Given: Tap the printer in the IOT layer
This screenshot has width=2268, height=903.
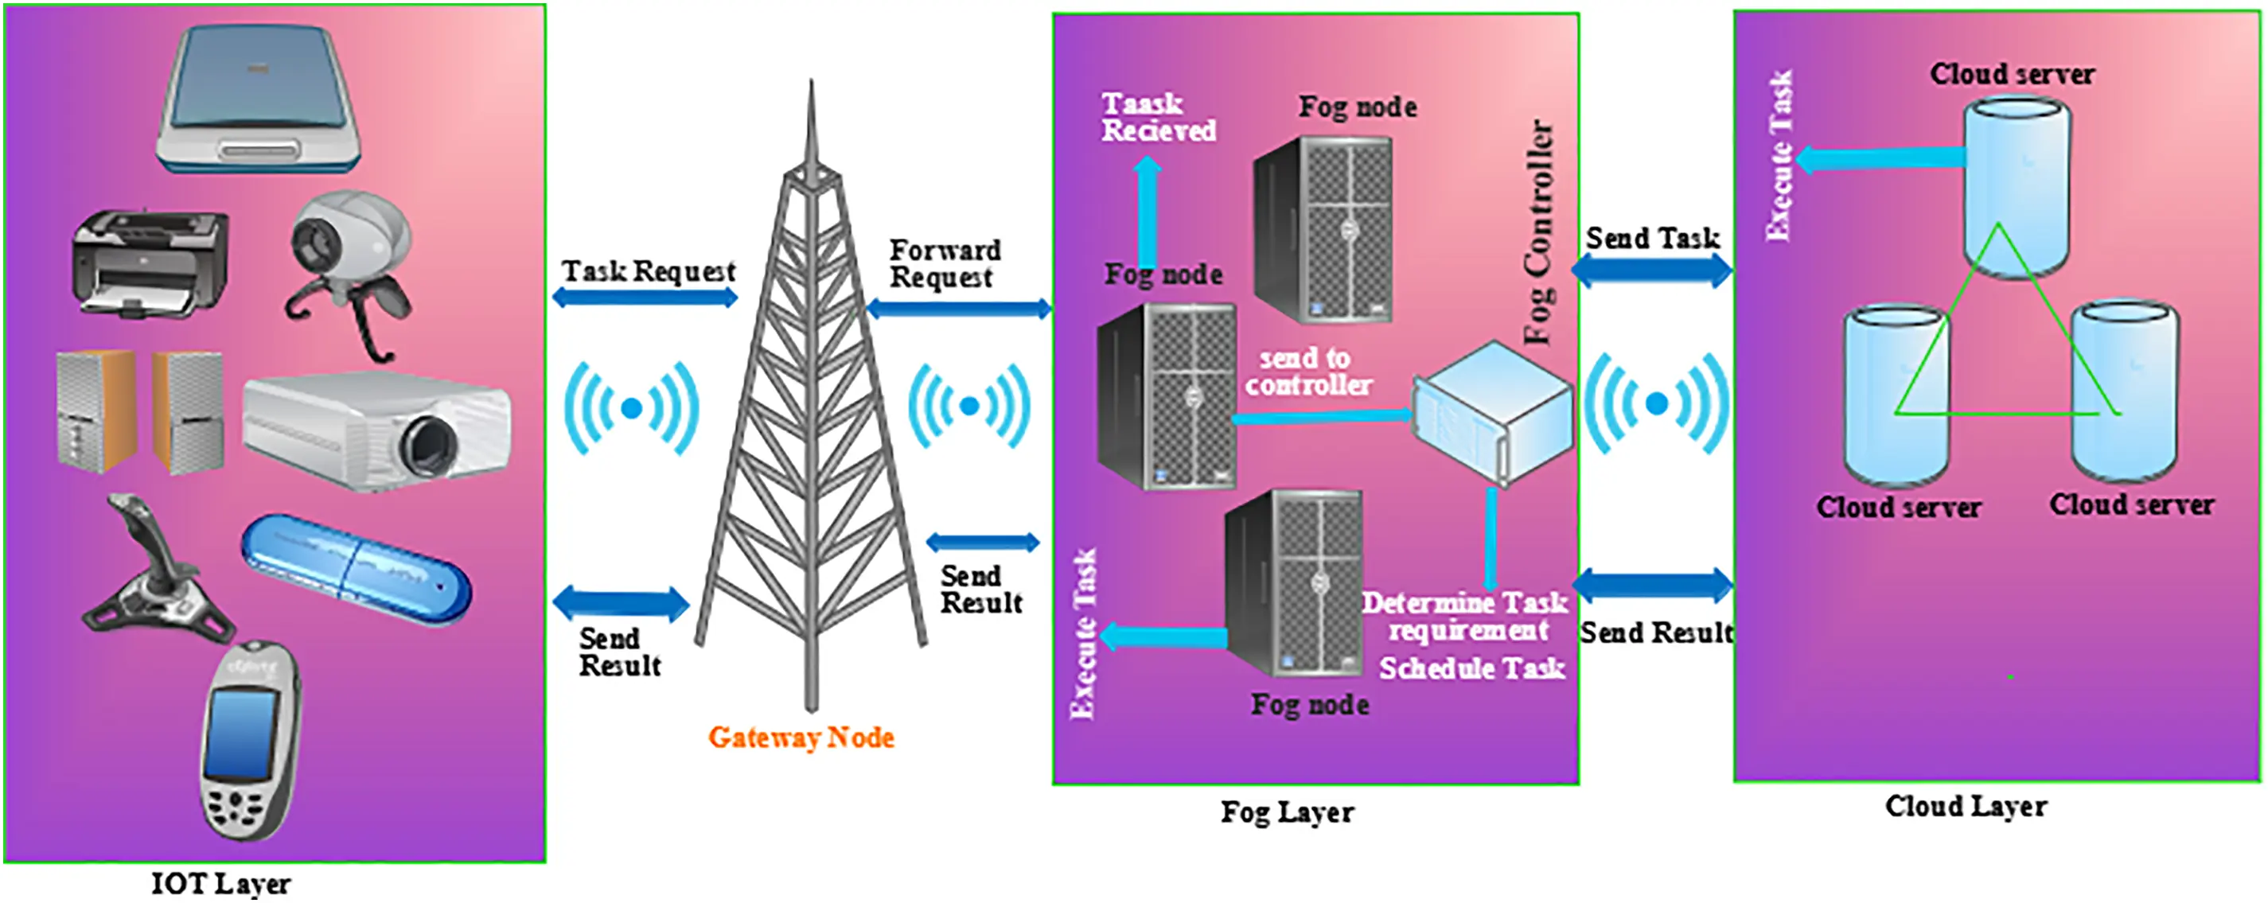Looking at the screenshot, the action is coord(150,263).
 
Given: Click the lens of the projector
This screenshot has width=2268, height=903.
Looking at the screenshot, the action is coord(431,446).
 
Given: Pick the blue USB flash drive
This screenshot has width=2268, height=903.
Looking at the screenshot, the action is coord(357,570).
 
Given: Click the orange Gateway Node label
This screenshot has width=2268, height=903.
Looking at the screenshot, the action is coord(801,738).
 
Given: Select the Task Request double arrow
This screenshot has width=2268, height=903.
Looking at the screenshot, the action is coord(645,298).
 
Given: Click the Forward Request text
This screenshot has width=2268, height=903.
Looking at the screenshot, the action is coord(945,263).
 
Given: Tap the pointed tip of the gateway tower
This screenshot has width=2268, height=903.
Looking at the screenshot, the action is coord(811,81).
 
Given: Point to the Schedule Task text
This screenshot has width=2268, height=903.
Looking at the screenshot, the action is coord(1472,669).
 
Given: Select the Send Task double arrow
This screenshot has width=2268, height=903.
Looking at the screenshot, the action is coord(1653,271).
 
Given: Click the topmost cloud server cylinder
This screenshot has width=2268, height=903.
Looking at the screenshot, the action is coord(2017,188).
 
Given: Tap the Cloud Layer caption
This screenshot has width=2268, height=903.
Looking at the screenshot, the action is coord(1966,806).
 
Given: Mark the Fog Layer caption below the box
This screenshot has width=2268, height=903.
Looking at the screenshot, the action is coord(1288,812).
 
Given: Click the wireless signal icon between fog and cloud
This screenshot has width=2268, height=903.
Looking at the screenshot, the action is coord(1656,404).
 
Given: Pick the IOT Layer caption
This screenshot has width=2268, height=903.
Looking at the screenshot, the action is coord(221,884).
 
